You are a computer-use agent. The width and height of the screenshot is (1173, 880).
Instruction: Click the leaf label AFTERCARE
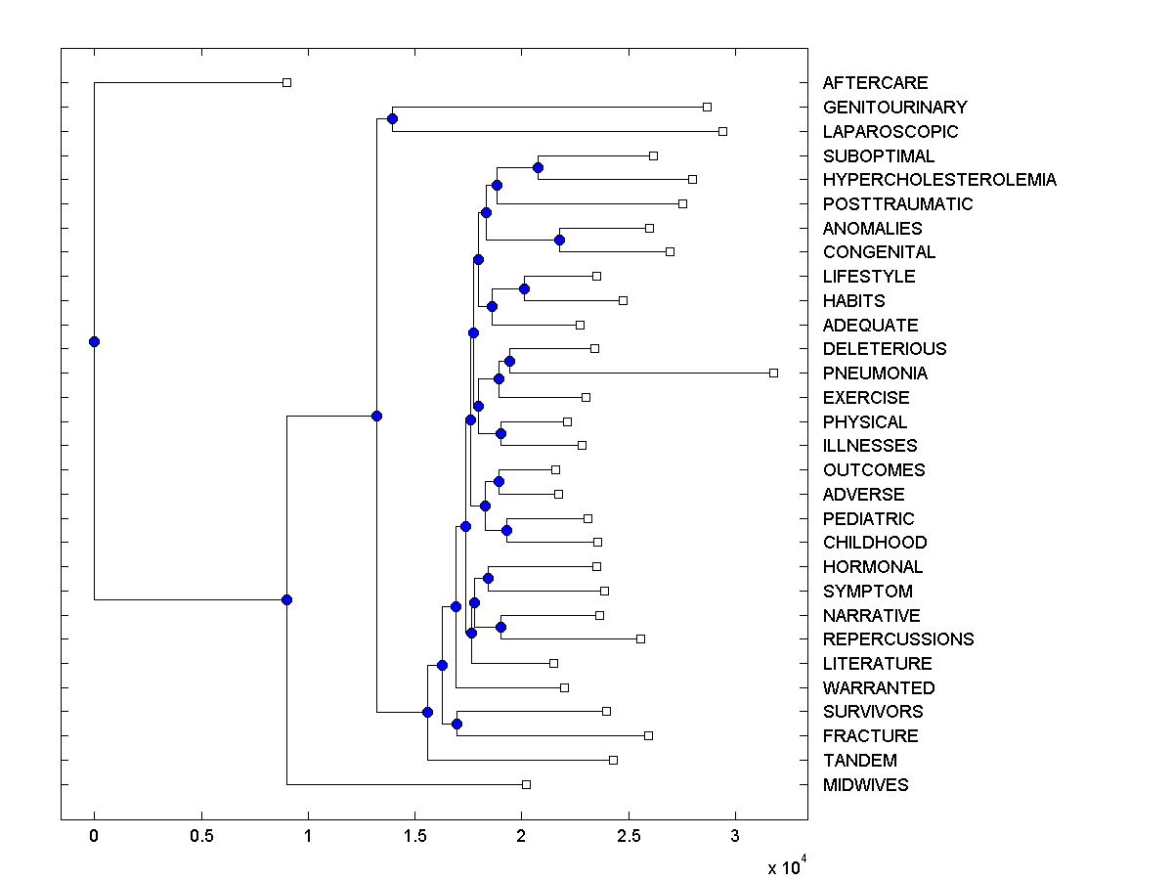point(875,83)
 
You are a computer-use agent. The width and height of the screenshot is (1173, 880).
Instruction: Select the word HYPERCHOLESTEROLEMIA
point(939,180)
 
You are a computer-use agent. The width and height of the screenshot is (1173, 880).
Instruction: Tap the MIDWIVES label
point(865,785)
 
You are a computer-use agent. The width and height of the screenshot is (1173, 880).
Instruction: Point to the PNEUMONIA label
point(875,374)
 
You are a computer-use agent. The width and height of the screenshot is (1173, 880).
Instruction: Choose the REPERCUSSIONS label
point(898,639)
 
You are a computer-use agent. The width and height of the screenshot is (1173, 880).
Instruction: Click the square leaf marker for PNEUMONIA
point(773,373)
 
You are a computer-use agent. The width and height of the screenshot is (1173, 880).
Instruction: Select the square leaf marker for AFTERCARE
point(286,82)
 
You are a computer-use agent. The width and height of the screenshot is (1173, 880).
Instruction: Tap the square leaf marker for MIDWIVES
point(526,784)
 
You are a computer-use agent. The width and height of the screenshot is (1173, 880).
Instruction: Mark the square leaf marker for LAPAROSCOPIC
point(722,131)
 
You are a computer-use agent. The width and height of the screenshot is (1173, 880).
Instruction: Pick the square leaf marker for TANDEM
point(613,760)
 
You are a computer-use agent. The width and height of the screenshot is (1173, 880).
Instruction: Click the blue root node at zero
point(94,341)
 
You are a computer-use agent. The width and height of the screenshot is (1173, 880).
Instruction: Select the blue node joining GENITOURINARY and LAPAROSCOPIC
point(392,118)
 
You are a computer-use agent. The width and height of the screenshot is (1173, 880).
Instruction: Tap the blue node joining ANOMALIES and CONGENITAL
point(559,240)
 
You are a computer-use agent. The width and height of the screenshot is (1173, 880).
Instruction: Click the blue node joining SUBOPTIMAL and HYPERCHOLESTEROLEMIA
point(538,167)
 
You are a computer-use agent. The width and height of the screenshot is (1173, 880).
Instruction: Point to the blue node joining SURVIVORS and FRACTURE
point(456,724)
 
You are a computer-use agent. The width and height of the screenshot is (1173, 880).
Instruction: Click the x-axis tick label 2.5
point(629,836)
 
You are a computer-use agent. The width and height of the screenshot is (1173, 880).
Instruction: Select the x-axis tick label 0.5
point(201,836)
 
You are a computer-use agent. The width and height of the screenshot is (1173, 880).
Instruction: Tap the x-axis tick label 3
point(735,836)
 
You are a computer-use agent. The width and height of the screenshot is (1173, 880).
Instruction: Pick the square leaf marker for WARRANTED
point(564,687)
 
